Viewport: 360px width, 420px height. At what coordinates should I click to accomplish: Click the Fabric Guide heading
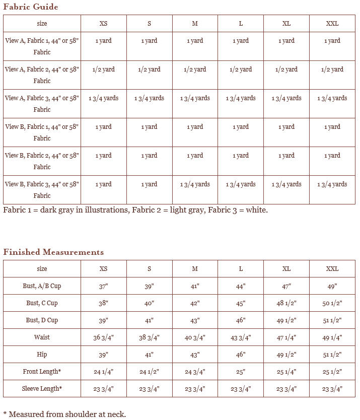click(31, 7)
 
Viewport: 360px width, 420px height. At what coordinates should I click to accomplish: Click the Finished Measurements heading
click(53, 252)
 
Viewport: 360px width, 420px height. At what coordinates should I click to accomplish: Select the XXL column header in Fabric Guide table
click(332, 24)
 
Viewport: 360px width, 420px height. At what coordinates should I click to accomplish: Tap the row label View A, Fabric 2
click(42, 75)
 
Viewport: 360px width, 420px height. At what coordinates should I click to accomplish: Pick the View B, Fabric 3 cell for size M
click(195, 184)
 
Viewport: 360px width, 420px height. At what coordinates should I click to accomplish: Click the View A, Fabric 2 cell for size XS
click(103, 69)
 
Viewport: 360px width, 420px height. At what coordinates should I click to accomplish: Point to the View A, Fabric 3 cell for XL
click(286, 98)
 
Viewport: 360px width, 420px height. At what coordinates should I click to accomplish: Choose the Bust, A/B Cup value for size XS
click(103, 286)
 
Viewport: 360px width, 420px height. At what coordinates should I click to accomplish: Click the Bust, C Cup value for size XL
click(286, 303)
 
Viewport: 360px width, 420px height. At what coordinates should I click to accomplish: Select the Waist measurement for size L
click(241, 337)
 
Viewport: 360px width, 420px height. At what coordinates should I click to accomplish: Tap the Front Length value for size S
click(149, 372)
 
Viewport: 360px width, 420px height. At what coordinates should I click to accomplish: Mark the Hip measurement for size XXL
click(332, 355)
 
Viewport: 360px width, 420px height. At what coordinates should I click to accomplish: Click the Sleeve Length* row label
click(42, 389)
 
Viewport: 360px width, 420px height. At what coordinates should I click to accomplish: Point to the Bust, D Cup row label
click(42, 320)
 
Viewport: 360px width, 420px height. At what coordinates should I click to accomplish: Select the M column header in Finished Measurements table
click(195, 269)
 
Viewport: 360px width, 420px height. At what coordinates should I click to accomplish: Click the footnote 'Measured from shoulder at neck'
click(67, 414)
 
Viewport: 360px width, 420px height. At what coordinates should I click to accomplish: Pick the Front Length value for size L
click(241, 372)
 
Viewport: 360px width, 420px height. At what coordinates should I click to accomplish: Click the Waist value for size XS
click(103, 337)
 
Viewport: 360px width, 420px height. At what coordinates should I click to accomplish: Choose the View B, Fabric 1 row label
click(42, 132)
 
